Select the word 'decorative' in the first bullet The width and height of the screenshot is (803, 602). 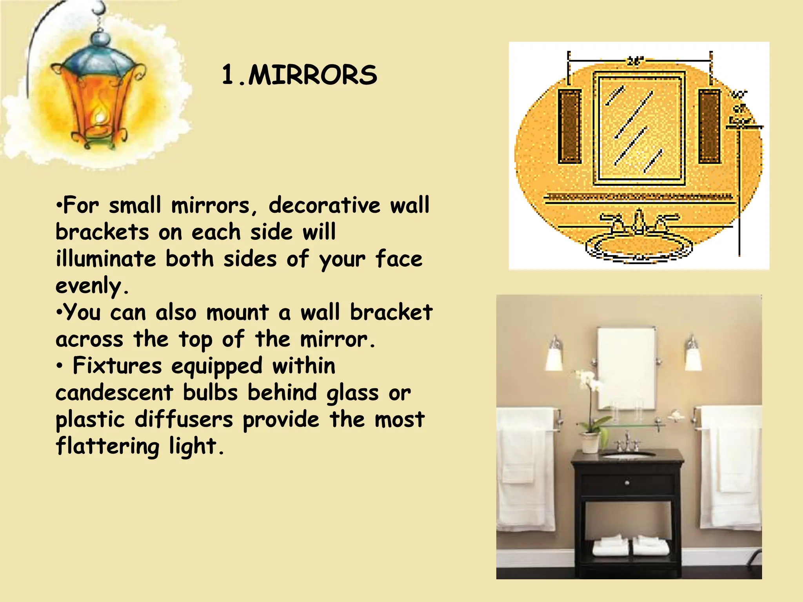(324, 205)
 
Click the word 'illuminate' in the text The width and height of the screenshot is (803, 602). (106, 259)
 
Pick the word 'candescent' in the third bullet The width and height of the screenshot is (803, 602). (114, 393)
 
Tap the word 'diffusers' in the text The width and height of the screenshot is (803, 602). (184, 419)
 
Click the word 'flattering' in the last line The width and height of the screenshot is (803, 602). (107, 446)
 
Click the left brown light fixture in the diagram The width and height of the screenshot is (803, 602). (569, 126)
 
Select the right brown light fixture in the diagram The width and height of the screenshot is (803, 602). (709, 126)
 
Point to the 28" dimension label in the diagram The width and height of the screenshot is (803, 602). (635, 62)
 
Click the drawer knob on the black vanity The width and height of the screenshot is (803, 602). (627, 482)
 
